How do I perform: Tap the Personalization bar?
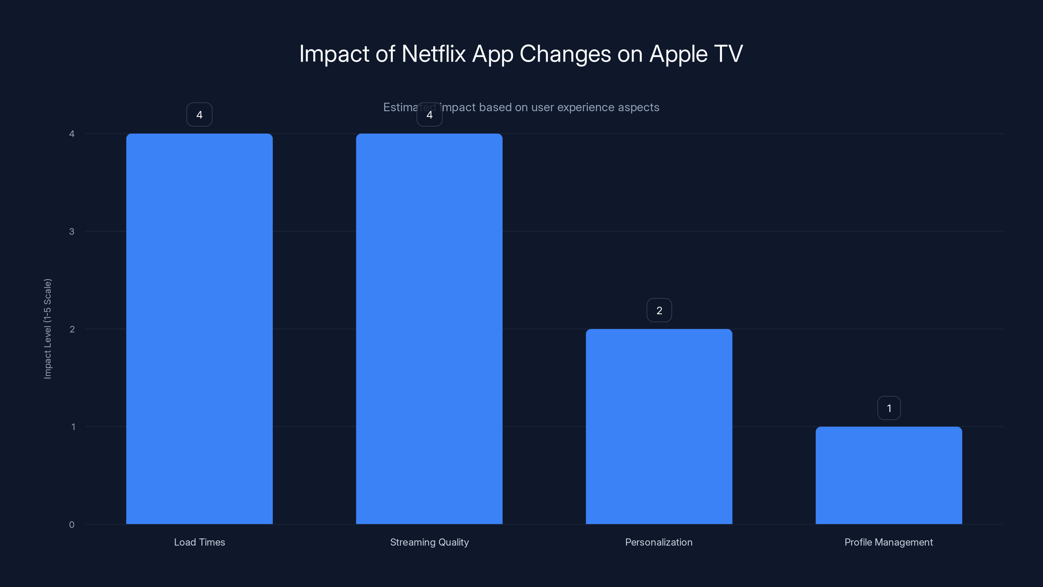659,426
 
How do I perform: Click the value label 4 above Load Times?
199,115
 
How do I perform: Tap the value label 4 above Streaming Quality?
429,115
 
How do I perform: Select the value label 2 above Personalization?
659,310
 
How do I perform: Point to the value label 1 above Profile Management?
889,408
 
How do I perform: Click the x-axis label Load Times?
199,542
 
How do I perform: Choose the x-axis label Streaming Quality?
429,542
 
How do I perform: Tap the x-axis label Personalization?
659,542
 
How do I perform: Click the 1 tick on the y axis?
73,427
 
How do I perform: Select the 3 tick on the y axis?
72,231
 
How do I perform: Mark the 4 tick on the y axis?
72,134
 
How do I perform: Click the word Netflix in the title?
433,53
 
